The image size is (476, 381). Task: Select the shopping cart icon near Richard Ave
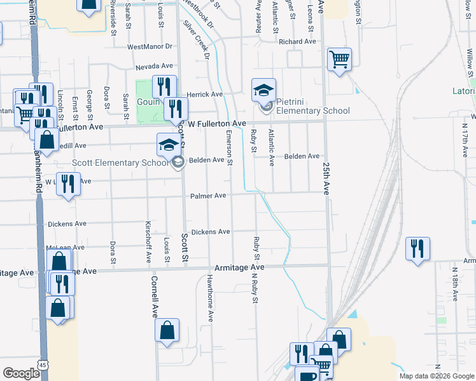pyautogui.click(x=339, y=60)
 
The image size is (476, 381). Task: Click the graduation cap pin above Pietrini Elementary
pyautogui.click(x=263, y=90)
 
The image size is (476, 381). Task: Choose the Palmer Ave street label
pyautogui.click(x=208, y=196)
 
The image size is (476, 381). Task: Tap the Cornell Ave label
pyautogui.click(x=155, y=297)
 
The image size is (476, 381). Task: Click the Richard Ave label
pyautogui.click(x=297, y=42)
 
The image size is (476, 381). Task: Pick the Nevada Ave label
pyautogui.click(x=154, y=66)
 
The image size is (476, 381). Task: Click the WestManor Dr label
pyautogui.click(x=150, y=47)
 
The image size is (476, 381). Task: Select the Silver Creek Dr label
pyautogui.click(x=197, y=39)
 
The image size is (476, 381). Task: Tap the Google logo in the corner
pyautogui.click(x=21, y=373)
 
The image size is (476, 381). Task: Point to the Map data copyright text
pyautogui.click(x=437, y=376)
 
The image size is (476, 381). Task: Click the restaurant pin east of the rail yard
pyautogui.click(x=417, y=249)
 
